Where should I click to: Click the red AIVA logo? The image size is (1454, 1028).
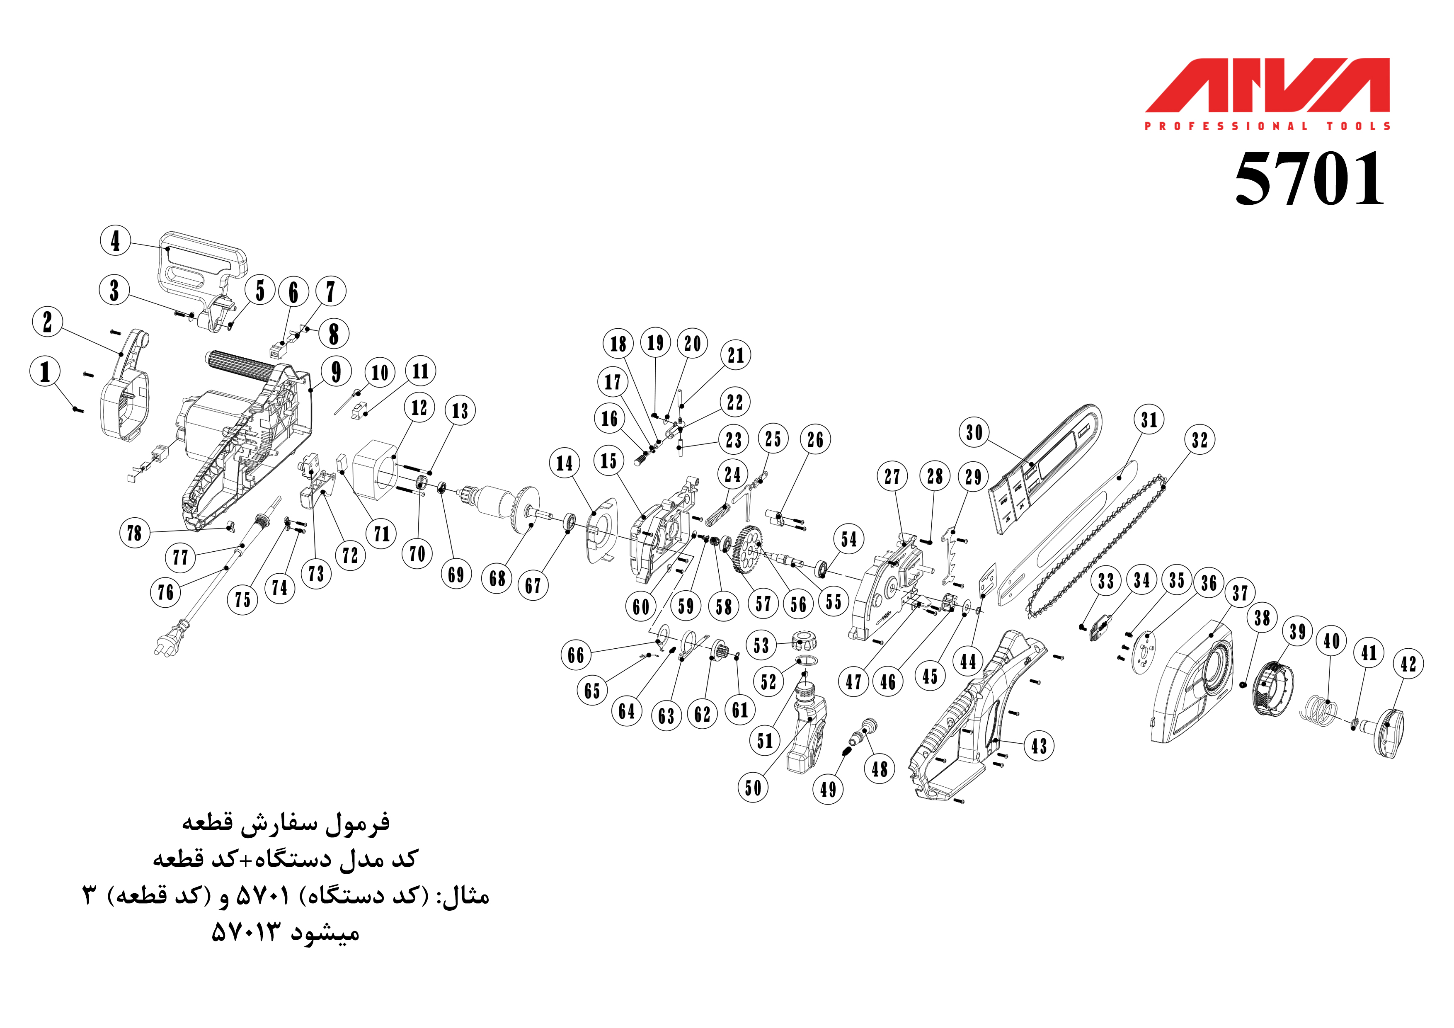point(1267,85)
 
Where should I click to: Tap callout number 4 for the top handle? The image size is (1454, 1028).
point(115,241)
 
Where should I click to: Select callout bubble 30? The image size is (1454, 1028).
point(974,433)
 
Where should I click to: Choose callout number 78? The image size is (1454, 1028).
point(134,533)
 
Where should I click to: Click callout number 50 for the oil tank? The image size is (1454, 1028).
point(753,788)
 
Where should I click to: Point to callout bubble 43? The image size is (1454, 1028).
point(1039,745)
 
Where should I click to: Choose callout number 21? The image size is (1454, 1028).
point(736,355)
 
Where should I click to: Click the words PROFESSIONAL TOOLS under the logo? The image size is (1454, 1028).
point(1267,126)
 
